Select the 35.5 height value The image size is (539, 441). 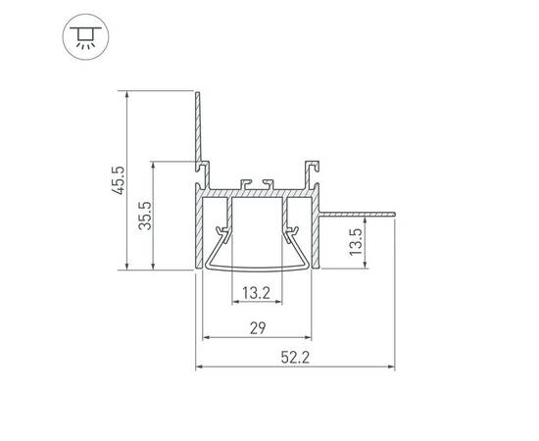coord(144,215)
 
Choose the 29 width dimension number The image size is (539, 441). coord(257,327)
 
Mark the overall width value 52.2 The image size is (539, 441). coord(295,358)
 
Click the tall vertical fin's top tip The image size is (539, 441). coord(198,93)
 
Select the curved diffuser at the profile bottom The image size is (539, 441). coord(259,266)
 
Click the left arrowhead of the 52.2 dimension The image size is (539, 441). coord(200,368)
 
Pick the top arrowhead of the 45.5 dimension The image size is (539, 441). coord(128,96)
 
